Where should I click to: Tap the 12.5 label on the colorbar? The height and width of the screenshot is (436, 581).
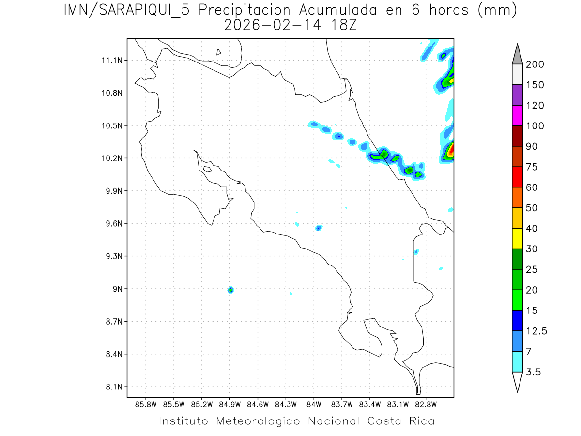tap(536, 331)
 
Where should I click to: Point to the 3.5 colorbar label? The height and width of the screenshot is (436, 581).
tap(534, 372)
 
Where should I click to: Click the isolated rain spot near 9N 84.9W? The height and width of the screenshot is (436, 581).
tap(230, 290)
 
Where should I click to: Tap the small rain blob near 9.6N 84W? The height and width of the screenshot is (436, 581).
tap(318, 228)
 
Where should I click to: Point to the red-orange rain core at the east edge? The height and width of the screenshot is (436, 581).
tap(450, 151)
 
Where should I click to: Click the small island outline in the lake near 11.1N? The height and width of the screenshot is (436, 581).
tap(219, 52)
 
